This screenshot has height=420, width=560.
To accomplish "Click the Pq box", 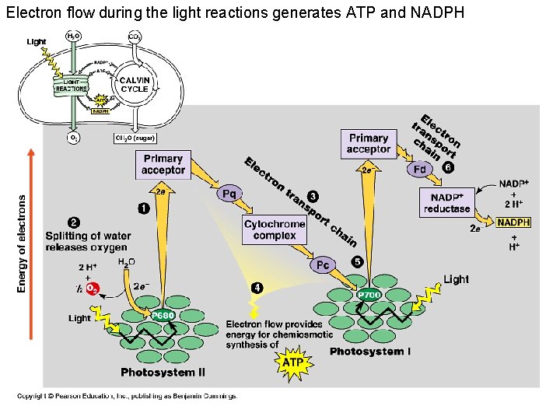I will (229, 194).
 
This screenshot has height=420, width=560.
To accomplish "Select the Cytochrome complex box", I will (275, 229).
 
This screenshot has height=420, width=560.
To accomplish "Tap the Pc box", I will (323, 265).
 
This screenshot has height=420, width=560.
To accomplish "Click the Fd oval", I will (419, 168).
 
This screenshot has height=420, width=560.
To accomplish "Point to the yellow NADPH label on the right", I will (514, 222).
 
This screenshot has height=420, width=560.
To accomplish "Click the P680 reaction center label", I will (162, 315).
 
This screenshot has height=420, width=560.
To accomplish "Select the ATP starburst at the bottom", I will (292, 362).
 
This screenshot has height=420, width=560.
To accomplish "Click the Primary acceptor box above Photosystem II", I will (163, 164).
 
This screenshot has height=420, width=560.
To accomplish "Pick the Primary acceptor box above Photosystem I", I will (368, 144).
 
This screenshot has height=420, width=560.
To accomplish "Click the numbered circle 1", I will (144, 208).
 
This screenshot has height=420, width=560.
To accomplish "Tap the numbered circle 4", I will (257, 288).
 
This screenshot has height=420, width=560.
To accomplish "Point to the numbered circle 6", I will (447, 166).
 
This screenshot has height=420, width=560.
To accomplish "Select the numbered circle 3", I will (313, 195).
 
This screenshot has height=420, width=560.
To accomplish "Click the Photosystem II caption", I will (163, 373).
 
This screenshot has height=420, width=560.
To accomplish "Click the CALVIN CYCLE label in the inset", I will (134, 84).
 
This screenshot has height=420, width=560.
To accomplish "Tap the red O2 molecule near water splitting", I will (92, 288).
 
